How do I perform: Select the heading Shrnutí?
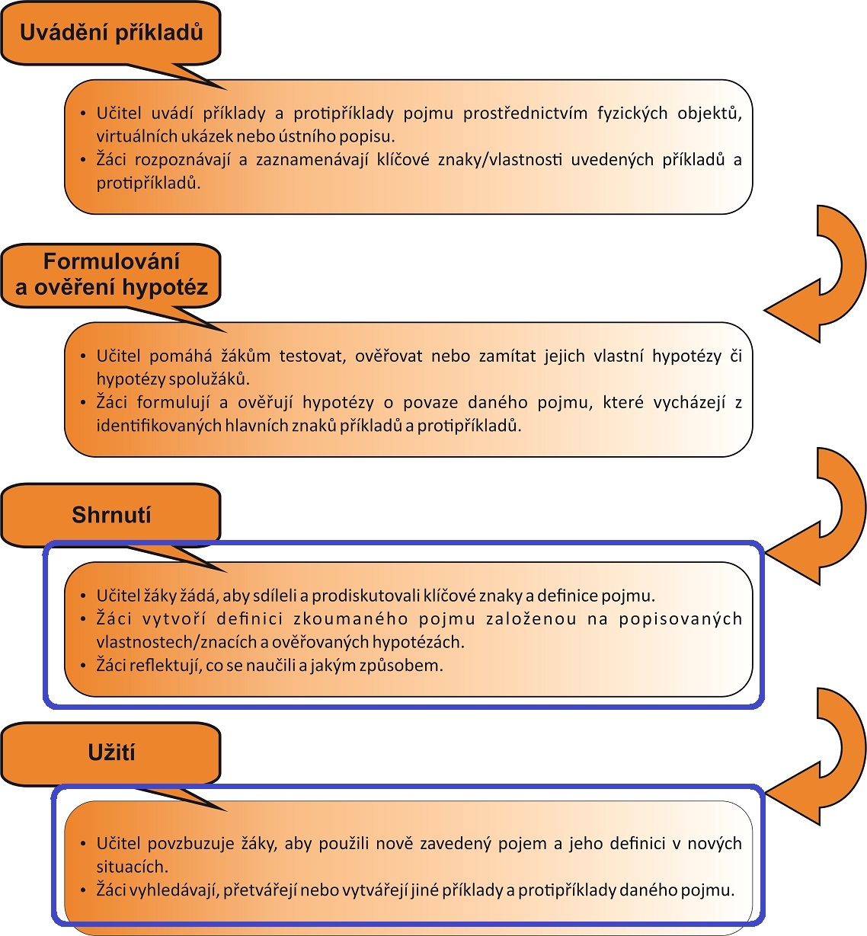click(x=111, y=515)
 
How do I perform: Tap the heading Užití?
click(x=111, y=752)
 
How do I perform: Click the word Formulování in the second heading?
click(x=111, y=261)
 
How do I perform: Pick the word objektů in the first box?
click(x=709, y=113)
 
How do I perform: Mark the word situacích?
click(x=132, y=867)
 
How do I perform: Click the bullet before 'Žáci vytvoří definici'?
click(x=83, y=618)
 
